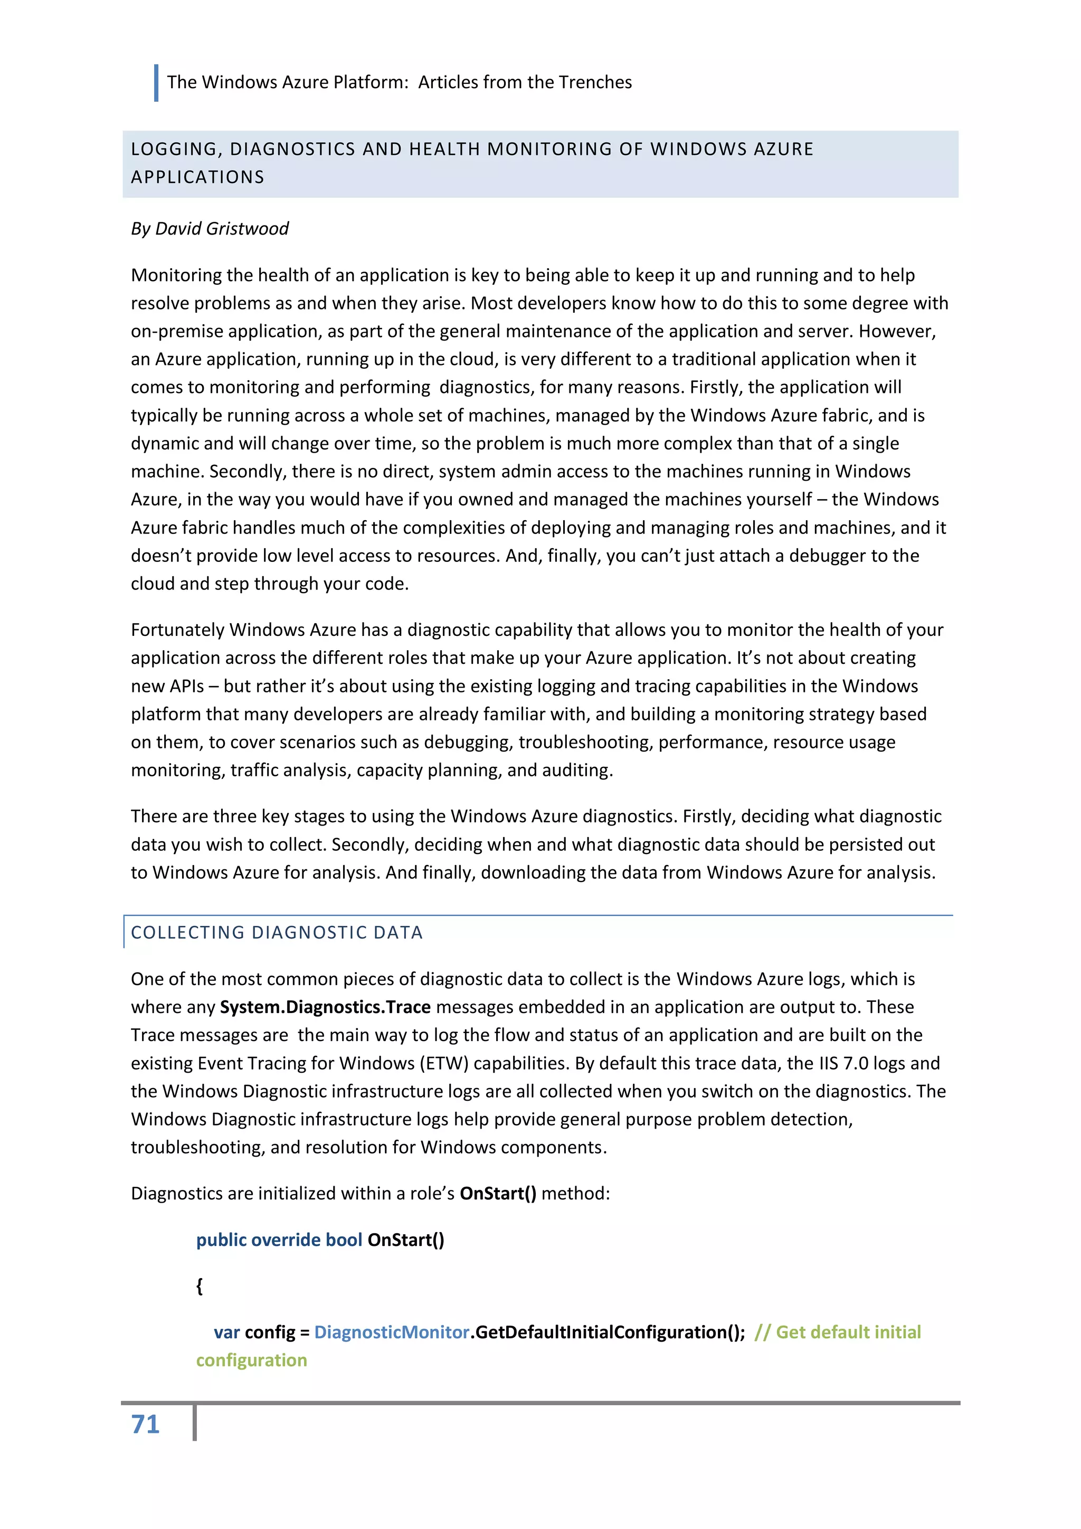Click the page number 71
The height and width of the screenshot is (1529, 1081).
[145, 1424]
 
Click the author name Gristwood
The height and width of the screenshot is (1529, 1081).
[247, 228]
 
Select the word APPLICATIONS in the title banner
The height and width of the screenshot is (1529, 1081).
[198, 177]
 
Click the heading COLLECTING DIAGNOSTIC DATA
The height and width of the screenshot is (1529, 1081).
[277, 932]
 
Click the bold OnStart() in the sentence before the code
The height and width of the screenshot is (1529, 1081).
[498, 1194]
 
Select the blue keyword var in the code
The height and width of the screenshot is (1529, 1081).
[226, 1332]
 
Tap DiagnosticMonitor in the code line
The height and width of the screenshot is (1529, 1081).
[392, 1332]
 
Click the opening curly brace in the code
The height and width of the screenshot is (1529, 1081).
[199, 1286]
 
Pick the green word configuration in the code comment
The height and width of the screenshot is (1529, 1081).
[252, 1360]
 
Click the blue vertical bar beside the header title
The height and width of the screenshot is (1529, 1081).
[156, 82]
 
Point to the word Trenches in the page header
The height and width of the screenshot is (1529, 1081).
[595, 82]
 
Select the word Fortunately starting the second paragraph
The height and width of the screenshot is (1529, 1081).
[178, 630]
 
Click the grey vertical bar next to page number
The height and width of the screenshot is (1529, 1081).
[194, 1423]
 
